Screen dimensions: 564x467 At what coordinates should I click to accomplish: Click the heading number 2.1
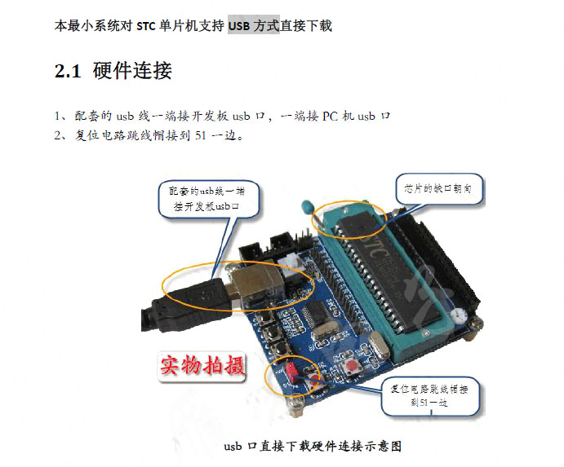pyautogui.click(x=68, y=71)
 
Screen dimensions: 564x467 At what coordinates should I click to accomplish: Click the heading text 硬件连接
pyautogui.click(x=132, y=70)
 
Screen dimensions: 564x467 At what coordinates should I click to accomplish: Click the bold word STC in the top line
pyautogui.click(x=146, y=26)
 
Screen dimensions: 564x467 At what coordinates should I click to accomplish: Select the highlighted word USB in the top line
pyautogui.click(x=239, y=26)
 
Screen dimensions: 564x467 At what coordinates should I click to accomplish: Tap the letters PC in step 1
pyautogui.click(x=331, y=116)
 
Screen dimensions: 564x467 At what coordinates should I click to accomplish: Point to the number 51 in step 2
pyautogui.click(x=200, y=135)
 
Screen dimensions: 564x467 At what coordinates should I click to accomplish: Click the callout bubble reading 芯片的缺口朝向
pyautogui.click(x=439, y=189)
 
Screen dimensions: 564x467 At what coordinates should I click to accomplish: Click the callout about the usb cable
pyautogui.click(x=208, y=200)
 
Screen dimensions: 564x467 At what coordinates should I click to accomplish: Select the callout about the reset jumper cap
pyautogui.click(x=430, y=396)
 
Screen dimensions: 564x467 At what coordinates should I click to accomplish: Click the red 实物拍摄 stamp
pyautogui.click(x=202, y=366)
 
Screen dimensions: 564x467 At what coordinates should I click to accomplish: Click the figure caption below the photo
pyautogui.click(x=313, y=446)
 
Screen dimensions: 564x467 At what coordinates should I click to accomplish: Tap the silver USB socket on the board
pyautogui.click(x=255, y=284)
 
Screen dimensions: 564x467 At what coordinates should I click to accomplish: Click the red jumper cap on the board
pyautogui.click(x=291, y=371)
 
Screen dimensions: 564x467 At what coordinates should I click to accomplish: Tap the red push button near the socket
pyautogui.click(x=349, y=368)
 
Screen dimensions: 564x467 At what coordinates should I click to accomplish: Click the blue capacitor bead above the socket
pyautogui.click(x=307, y=206)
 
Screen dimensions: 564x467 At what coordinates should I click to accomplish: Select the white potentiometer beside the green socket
pyautogui.click(x=457, y=316)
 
